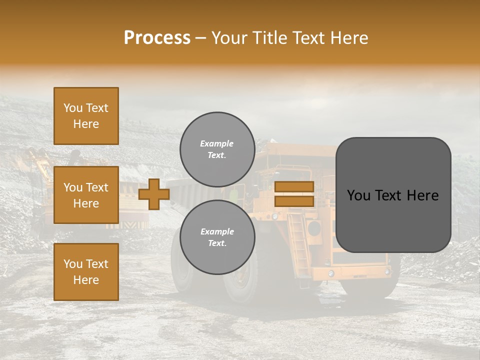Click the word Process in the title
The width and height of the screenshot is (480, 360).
pos(157,38)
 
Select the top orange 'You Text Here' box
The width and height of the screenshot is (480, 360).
pos(86,116)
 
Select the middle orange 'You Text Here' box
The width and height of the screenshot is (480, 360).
pos(86,195)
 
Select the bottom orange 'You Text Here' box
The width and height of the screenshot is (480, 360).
pos(86,271)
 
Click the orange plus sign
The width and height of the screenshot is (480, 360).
pos(154,194)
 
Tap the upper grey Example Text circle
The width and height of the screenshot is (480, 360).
pos(217,149)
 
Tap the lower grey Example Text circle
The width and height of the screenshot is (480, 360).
pos(217,237)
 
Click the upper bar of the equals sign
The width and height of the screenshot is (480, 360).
pos(294,186)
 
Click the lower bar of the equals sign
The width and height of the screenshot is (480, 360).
pos(294,201)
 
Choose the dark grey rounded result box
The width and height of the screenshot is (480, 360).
pos(393,195)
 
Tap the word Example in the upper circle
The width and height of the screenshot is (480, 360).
pos(216,143)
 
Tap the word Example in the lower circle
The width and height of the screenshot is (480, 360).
pos(217,231)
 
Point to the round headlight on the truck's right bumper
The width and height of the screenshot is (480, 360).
pos(387,271)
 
